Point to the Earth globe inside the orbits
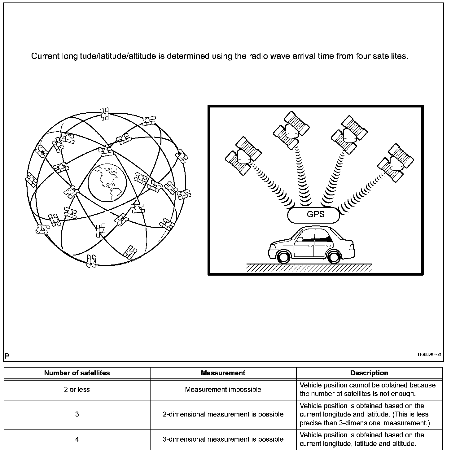pos(107,182)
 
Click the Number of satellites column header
pos(77,373)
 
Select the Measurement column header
pos(223,373)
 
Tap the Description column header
pos(369,373)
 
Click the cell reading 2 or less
pos(77,390)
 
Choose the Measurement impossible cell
pos(223,390)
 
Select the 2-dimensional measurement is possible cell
pos(223,414)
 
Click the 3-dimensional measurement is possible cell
pos(223,439)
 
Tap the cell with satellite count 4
pos(77,439)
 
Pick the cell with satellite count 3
pos(77,414)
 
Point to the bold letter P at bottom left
pos(7,356)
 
